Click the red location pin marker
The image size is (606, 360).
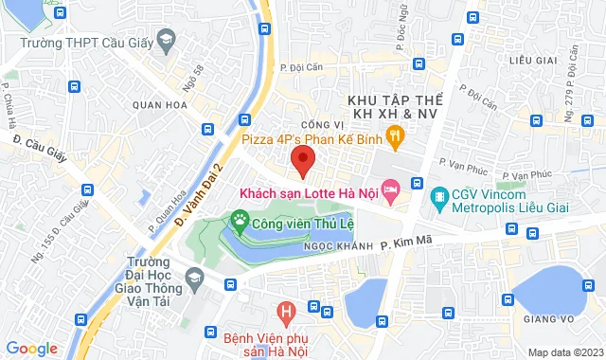[302, 160]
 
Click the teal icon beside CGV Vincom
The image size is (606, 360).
[438, 198]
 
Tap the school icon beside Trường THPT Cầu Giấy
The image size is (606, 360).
[167, 40]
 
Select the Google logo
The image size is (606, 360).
[31, 349]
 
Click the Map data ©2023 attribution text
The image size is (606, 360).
[564, 352]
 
